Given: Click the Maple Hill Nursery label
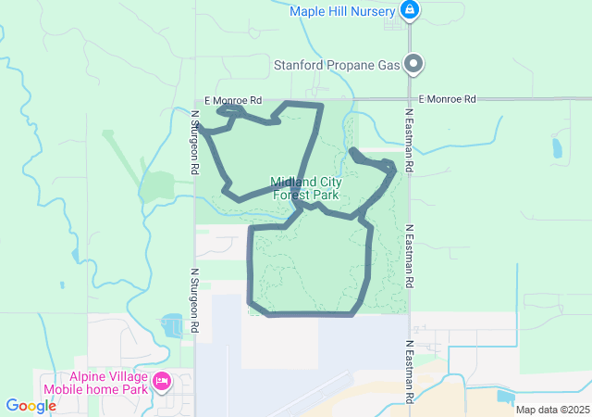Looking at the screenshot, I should coord(341,11).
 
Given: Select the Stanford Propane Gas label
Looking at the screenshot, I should coord(336,65).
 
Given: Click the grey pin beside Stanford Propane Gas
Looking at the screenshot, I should coord(414,64).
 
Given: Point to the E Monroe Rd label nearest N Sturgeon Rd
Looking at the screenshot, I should coord(232,100).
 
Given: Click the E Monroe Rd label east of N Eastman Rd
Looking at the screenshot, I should coord(446,98).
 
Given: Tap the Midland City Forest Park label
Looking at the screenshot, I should coord(305,189).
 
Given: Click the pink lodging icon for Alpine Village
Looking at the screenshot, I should coord(162,381).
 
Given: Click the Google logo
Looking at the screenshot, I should coord(31,406).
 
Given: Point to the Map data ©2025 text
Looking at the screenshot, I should coord(551,410).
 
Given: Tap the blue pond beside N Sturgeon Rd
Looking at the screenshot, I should coord(171,325).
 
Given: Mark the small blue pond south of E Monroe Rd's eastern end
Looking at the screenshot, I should coord(556,146).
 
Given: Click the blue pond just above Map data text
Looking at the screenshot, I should coord(505,397).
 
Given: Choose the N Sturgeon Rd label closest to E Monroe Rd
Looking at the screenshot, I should coord(195,144).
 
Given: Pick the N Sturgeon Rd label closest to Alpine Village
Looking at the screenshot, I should coord(195,301).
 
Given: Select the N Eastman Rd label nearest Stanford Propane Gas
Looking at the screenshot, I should coord(409,139).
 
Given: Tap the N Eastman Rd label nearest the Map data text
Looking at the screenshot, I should coord(409,371).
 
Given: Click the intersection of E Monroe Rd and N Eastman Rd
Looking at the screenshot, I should coord(409,98).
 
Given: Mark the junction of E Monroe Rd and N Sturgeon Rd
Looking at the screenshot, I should coord(195,100).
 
